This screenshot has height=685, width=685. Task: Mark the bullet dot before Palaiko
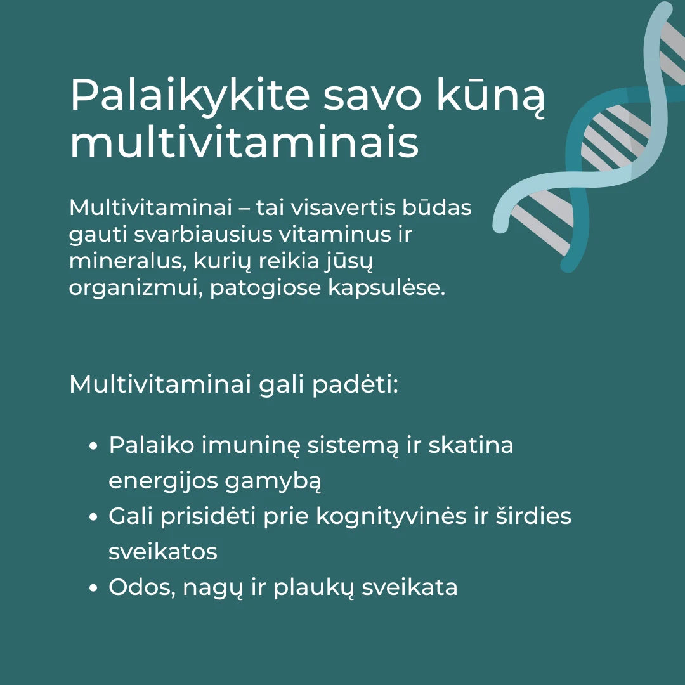click(x=93, y=446)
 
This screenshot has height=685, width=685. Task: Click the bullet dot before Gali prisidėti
click(x=93, y=517)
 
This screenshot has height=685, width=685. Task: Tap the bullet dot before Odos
click(x=93, y=588)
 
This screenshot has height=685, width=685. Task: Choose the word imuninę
click(x=250, y=445)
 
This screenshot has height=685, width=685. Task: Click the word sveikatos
click(x=163, y=552)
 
